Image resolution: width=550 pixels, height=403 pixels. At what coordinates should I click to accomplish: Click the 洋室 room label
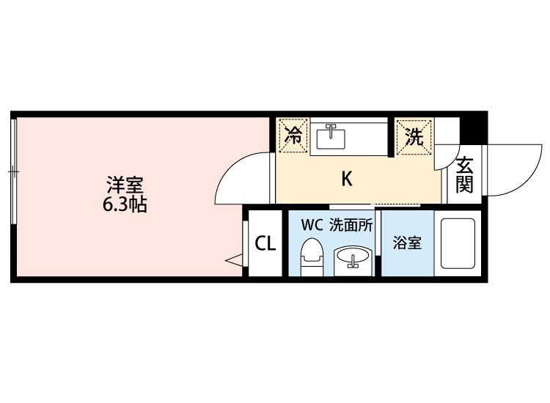[122, 182]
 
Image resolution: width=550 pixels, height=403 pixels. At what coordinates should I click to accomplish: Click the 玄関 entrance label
[463, 175]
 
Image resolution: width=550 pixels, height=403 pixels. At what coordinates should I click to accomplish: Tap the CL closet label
[265, 243]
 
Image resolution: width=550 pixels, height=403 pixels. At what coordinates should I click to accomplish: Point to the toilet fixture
[312, 256]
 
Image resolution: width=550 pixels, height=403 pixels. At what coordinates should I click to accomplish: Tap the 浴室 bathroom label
[407, 243]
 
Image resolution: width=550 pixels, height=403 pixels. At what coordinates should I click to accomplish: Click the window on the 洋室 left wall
[13, 172]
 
